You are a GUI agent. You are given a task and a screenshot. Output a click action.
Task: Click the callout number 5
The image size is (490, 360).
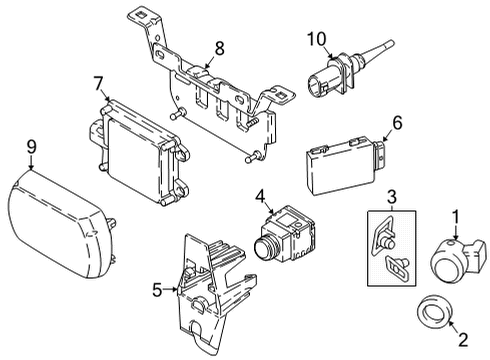[x=156, y=292]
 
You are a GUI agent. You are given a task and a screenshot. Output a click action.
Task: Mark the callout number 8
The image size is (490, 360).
[x=219, y=45]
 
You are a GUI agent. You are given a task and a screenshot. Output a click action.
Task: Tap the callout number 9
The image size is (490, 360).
[x=31, y=146]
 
